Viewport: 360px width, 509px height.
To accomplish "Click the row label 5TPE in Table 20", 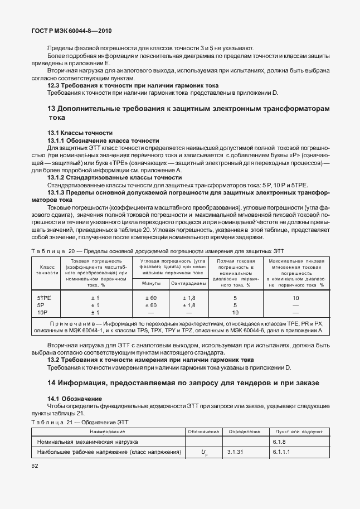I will (x=45, y=298).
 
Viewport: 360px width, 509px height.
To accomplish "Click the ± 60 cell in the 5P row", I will (x=150, y=305).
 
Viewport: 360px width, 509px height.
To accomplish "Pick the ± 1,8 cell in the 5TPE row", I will (x=189, y=298).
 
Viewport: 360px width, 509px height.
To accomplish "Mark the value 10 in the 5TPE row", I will (x=296, y=298).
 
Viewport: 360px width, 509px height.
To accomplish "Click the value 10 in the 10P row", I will (x=235, y=312).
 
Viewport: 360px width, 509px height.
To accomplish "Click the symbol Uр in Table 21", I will (x=204, y=452).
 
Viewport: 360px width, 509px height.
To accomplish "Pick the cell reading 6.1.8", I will (x=280, y=442).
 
